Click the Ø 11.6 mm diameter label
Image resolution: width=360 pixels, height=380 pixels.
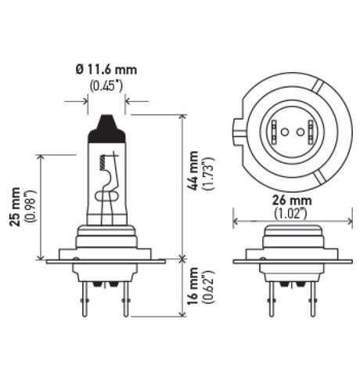106,70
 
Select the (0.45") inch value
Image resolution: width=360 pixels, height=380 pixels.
106,85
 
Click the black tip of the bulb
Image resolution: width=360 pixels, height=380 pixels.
106,128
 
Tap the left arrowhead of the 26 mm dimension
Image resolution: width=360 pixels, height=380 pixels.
237,223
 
